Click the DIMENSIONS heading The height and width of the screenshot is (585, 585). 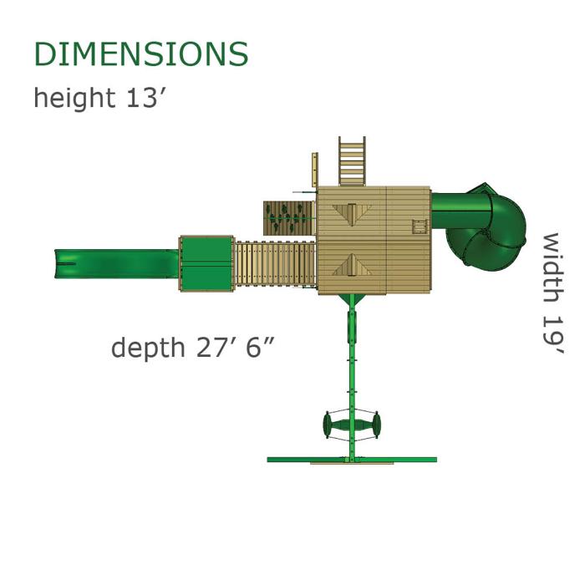(141, 53)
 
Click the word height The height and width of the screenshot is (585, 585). (74, 97)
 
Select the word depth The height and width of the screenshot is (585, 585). (148, 348)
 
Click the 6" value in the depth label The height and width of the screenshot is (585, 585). (260, 347)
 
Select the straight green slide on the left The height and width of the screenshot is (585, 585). (117, 264)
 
